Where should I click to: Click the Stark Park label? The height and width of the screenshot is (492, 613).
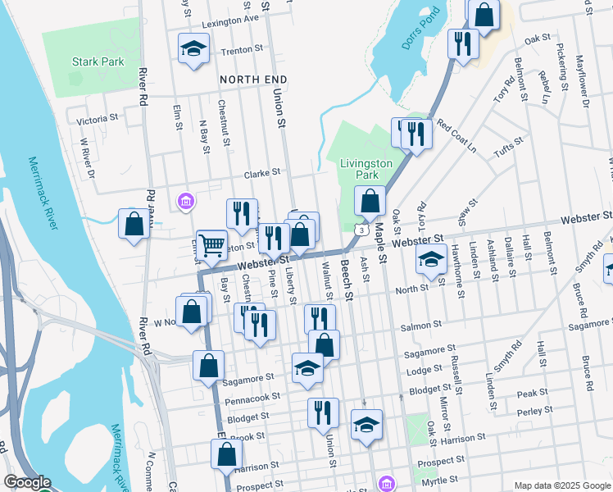click(98, 61)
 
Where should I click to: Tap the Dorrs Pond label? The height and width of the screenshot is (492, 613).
click(421, 29)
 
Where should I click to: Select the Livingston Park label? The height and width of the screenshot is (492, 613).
click(366, 169)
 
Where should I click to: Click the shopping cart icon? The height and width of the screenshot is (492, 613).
click(211, 244)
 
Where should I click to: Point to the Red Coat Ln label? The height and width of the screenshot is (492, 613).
click(456, 137)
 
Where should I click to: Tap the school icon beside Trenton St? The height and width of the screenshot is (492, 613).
click(193, 48)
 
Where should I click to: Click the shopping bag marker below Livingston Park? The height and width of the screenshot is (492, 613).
click(370, 201)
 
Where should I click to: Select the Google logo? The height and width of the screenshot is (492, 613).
click(28, 482)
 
